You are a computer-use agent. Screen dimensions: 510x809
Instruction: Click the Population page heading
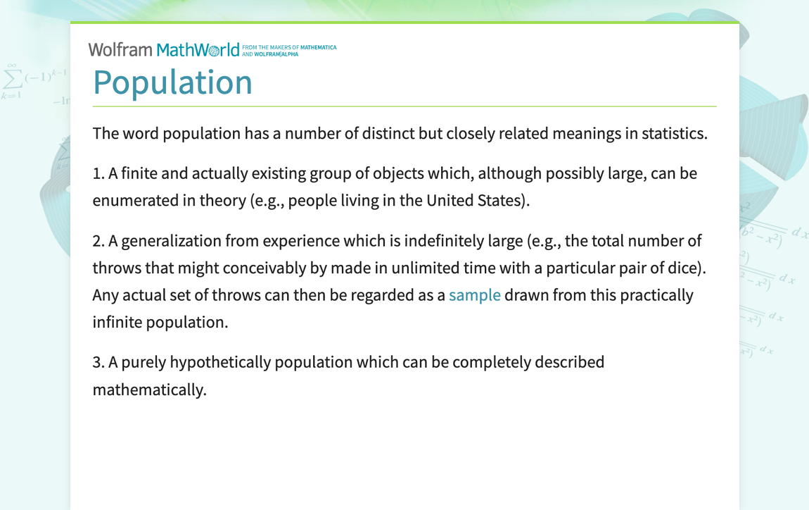pyautogui.click(x=172, y=82)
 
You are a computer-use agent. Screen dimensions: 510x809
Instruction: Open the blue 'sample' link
pyautogui.click(x=474, y=295)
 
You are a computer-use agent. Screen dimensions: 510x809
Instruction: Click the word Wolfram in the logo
pyautogui.click(x=120, y=50)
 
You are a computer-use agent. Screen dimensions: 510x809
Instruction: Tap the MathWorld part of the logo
pyautogui.click(x=198, y=50)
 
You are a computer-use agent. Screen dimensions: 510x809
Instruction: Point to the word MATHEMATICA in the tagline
pyautogui.click(x=319, y=47)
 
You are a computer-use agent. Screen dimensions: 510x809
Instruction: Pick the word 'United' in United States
pyautogui.click(x=451, y=201)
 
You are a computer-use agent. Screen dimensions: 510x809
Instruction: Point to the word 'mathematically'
pyautogui.click(x=148, y=390)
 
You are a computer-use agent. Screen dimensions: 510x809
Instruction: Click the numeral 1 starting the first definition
pyautogui.click(x=97, y=173)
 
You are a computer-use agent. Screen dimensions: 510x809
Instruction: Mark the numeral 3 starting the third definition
pyautogui.click(x=97, y=362)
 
